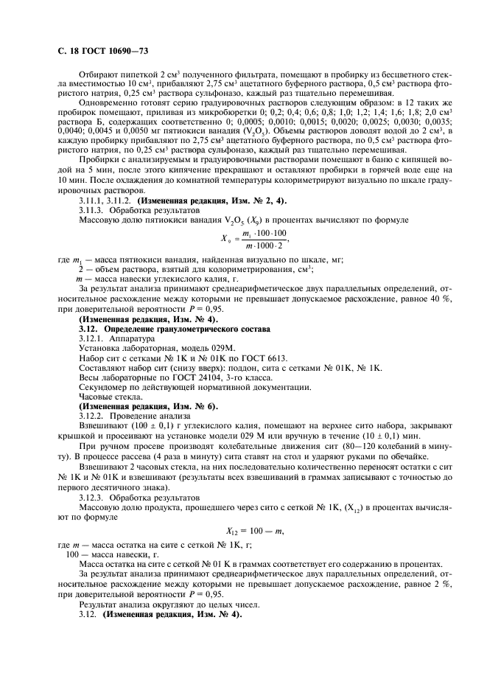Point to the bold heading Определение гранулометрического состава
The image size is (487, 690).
(167, 307)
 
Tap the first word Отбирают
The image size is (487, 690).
(99, 74)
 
